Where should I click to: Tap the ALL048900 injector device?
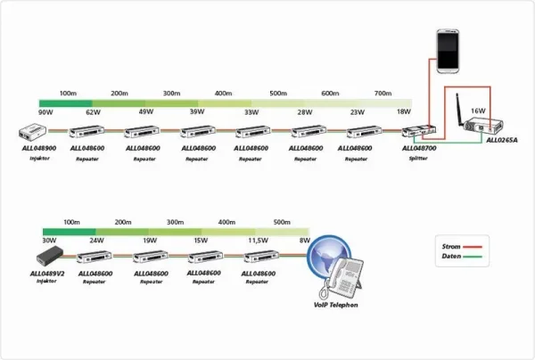tap(38, 133)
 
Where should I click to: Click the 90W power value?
tap(46, 113)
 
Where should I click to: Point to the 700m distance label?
tap(383, 94)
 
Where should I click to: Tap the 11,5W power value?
tap(258, 241)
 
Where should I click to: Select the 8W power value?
tap(304, 241)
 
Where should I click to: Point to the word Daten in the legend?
tap(453, 257)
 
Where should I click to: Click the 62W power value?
tap(93, 113)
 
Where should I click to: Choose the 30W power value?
tap(49, 241)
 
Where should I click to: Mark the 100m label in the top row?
tap(68, 94)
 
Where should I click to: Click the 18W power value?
tap(403, 113)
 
